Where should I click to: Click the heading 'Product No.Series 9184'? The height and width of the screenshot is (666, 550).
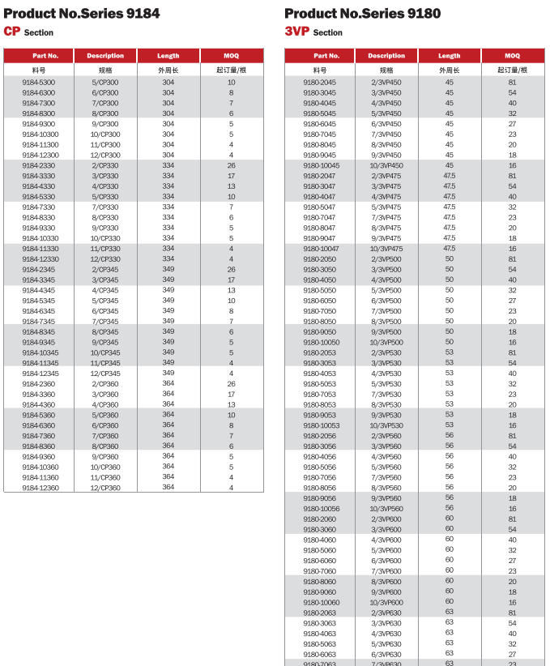pos(81,13)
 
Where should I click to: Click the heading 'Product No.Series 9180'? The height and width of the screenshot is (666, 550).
pos(362,13)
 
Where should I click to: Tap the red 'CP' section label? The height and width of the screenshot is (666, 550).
pos(11,31)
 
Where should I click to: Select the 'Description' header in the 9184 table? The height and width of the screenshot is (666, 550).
pos(105,56)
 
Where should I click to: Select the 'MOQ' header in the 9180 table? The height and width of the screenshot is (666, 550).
pos(512,56)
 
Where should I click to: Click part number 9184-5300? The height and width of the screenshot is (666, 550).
pos(39,83)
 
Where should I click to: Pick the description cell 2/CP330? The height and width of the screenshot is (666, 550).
pos(105,165)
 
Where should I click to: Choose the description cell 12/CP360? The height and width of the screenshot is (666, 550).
pos(105,488)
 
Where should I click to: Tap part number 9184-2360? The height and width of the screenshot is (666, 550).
pos(39,383)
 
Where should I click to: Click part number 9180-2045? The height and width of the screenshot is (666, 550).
pos(319,83)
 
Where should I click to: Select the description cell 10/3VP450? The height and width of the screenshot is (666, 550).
pos(386,165)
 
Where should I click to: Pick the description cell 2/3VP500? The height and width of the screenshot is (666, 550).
pos(386,259)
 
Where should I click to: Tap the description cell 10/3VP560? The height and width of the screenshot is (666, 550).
pos(386,508)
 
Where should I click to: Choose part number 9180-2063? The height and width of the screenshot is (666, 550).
pos(319,613)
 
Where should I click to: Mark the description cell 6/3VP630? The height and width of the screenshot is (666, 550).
pos(386,654)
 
